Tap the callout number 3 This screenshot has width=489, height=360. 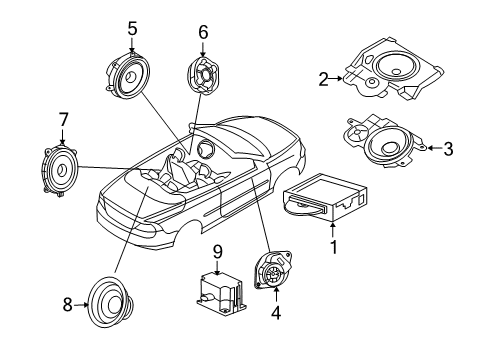pos(448,150)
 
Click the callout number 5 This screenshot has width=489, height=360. pos(132,27)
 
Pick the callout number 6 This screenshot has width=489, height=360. pos(203,32)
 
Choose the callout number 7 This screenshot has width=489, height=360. pos(63,121)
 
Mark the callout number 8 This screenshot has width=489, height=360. pos(68,304)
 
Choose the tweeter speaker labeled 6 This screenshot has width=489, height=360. pos(203,76)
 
